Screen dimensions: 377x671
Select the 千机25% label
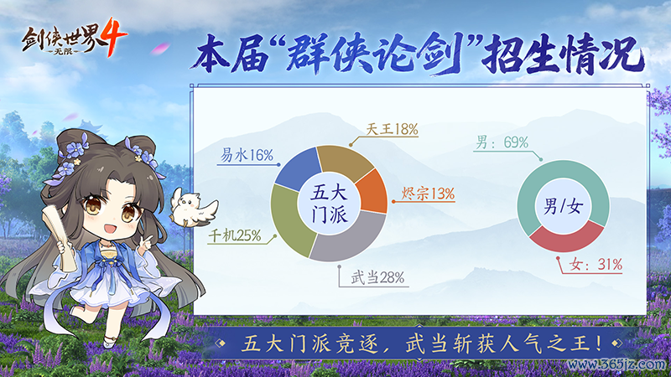click(235, 237)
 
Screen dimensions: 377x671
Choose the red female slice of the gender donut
click(571, 238)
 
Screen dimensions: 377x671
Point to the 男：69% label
click(502, 143)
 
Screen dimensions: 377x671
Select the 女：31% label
click(595, 265)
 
